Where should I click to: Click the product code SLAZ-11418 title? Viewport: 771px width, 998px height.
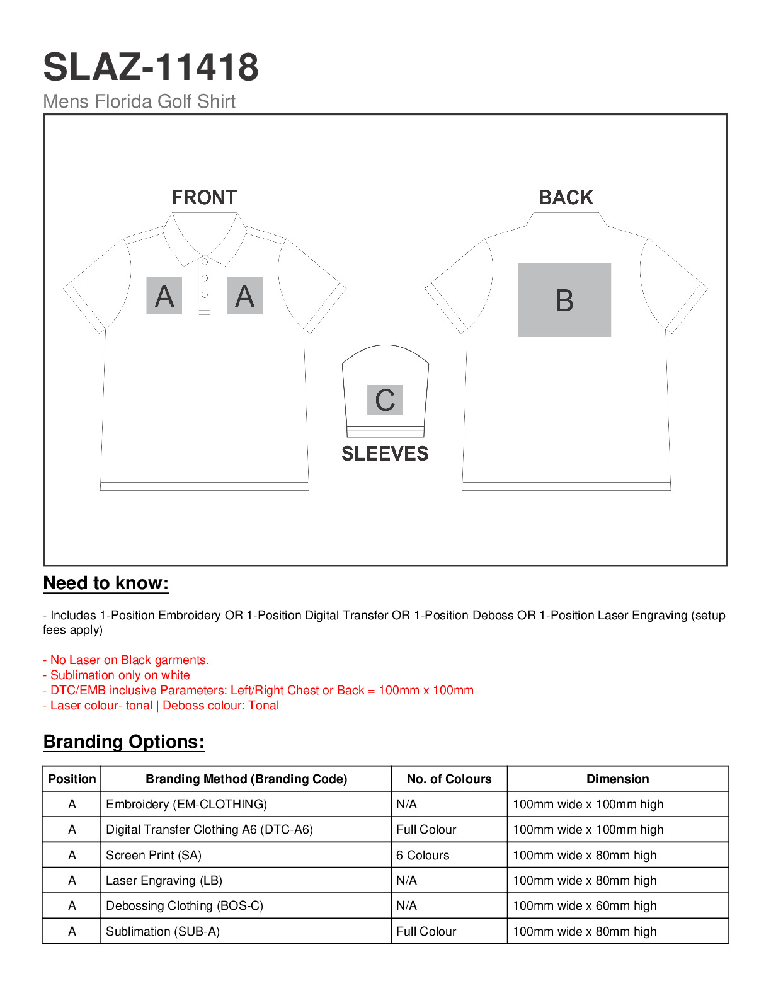pyautogui.click(x=151, y=67)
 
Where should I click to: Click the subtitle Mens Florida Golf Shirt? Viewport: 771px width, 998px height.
pyautogui.click(x=139, y=101)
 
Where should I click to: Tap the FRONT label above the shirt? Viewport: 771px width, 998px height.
pyautogui.click(x=204, y=198)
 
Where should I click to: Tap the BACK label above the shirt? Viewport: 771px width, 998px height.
pyautogui.click(x=566, y=198)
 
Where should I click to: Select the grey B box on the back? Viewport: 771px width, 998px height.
pyautogui.click(x=564, y=300)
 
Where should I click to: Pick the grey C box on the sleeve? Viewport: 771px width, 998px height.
pyautogui.click(x=385, y=399)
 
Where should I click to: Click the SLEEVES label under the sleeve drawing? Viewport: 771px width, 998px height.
pyautogui.click(x=385, y=454)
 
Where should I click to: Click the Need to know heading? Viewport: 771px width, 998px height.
pyautogui.click(x=106, y=583)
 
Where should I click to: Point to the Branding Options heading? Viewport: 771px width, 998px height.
pyautogui.click(x=123, y=742)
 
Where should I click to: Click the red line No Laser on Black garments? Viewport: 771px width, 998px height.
pyautogui.click(x=126, y=660)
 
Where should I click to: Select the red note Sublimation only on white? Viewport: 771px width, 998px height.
pyautogui.click(x=117, y=675)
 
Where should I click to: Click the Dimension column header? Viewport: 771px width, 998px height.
pyautogui.click(x=617, y=779)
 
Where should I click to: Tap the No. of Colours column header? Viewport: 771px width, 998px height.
pyautogui.click(x=449, y=779)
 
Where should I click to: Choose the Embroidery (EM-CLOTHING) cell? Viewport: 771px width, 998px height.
pyautogui.click(x=186, y=805)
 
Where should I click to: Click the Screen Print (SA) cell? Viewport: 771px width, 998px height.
pyautogui.click(x=154, y=856)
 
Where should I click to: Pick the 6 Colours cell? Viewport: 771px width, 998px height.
pyautogui.click(x=423, y=856)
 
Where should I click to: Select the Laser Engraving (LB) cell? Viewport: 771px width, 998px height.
pyautogui.click(x=164, y=881)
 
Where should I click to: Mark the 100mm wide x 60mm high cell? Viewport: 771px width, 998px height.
pyautogui.click(x=585, y=906)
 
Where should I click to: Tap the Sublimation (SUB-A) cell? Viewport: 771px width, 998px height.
pyautogui.click(x=163, y=932)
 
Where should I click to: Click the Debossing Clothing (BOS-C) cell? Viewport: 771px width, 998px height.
pyautogui.click(x=185, y=906)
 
